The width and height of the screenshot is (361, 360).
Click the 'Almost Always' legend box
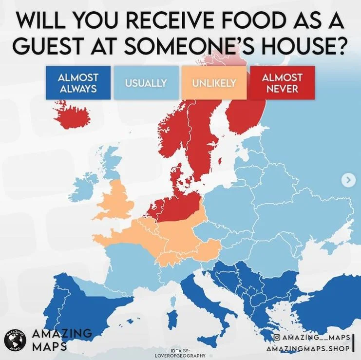tap(77, 83)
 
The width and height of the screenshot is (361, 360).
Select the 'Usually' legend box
tap(146, 83)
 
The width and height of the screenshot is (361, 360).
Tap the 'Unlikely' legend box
tap(214, 83)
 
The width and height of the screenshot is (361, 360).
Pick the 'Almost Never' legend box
tap(282, 83)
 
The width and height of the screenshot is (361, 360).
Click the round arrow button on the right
tap(348, 180)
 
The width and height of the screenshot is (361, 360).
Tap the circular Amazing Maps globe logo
tap(15, 340)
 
